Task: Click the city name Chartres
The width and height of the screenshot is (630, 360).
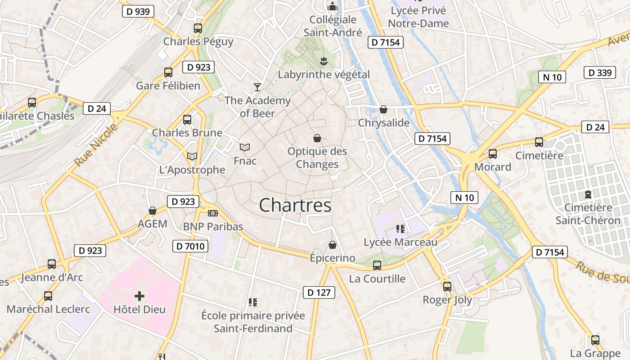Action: [x=295, y=205]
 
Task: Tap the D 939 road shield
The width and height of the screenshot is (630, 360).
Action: [x=138, y=11]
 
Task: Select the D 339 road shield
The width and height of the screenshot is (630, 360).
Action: [x=599, y=72]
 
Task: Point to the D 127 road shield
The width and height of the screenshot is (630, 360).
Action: [x=319, y=292]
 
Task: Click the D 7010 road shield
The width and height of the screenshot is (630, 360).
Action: [x=190, y=246]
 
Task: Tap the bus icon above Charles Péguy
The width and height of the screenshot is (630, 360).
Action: [x=198, y=28]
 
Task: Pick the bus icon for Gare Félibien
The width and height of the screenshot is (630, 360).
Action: [x=168, y=72]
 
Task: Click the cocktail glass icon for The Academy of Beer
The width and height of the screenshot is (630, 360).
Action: [x=257, y=87]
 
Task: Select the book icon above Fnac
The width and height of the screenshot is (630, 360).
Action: [x=245, y=147]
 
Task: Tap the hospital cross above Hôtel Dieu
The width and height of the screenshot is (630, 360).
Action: [x=139, y=296]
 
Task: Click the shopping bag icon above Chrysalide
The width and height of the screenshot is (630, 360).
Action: [x=383, y=109]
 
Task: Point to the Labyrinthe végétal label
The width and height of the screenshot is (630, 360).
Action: [x=324, y=74]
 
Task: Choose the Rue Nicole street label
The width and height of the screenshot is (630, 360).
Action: [x=95, y=145]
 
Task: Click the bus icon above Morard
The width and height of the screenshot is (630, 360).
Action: [x=493, y=154]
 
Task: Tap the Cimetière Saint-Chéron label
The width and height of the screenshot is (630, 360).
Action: [x=588, y=214]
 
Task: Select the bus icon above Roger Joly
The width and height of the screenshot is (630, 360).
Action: [x=447, y=286]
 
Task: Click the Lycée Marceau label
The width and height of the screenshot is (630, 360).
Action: [x=400, y=242]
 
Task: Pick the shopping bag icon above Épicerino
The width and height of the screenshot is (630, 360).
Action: [x=333, y=245]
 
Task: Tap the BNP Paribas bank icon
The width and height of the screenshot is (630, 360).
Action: [x=213, y=213]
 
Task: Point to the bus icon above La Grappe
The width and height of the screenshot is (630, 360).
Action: [x=595, y=340]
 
